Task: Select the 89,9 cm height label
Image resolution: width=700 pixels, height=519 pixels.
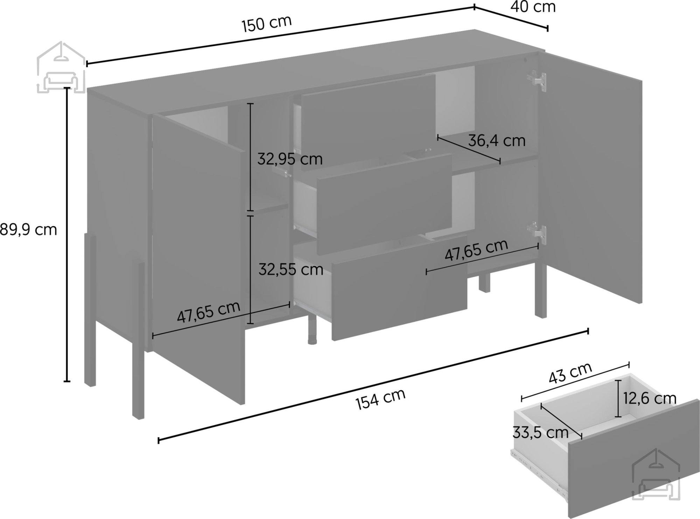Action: [28, 230]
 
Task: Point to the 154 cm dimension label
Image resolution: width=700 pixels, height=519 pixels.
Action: [381, 399]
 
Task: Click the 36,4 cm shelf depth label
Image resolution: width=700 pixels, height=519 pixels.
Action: [497, 141]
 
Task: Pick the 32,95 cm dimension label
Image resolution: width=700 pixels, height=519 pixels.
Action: [290, 159]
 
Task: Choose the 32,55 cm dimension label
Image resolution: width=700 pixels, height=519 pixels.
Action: [291, 269]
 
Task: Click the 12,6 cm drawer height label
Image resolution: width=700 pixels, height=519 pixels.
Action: [650, 398]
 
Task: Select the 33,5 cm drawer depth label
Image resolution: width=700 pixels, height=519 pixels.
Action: [540, 433]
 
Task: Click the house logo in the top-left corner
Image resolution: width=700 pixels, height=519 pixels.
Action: [61, 67]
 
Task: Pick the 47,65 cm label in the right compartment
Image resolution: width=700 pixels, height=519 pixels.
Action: [476, 250]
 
